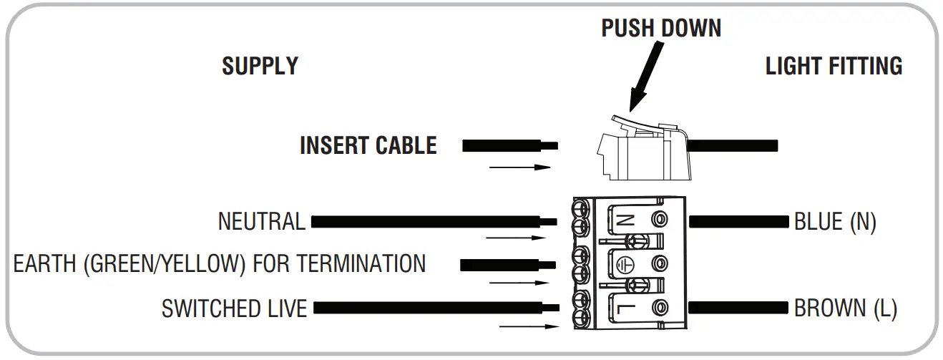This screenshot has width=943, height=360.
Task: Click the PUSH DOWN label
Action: pos(661,28)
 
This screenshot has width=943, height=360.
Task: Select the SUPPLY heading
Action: pos(260,66)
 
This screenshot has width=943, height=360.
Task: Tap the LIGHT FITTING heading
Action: pos(834,66)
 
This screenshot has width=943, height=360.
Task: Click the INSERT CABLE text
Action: pos(368,145)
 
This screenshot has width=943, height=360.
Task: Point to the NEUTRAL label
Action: pos(261,222)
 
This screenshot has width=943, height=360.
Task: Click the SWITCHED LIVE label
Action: pos(234,309)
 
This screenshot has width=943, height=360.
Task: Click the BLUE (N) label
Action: pos(835,222)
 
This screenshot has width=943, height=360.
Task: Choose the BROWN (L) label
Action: pos(845,309)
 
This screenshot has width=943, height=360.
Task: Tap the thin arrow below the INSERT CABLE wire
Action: pos(519,168)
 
